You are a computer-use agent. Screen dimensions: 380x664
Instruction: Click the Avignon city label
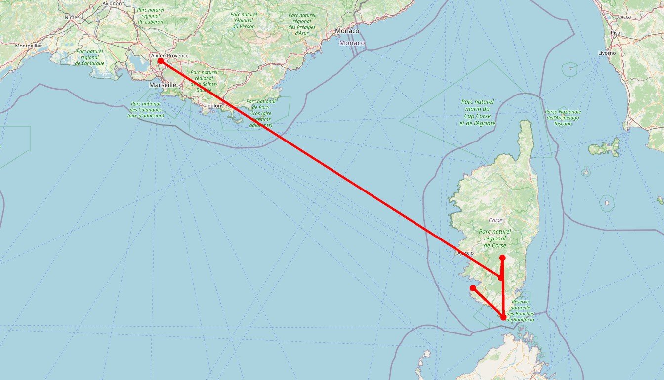[112, 3]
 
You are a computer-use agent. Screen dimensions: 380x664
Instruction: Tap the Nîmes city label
[72, 17]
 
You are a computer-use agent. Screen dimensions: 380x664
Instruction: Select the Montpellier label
[28, 46]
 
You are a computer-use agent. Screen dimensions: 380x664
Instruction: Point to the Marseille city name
[163, 85]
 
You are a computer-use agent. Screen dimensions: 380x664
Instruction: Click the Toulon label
[213, 105]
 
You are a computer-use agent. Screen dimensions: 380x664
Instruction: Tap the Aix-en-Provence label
[169, 55]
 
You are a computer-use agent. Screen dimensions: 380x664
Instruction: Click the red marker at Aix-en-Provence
[160, 61]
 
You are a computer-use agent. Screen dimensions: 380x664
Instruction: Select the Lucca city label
[624, 17]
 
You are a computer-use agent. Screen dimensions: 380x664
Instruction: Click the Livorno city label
[607, 53]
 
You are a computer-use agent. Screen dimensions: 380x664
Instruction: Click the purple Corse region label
[495, 220]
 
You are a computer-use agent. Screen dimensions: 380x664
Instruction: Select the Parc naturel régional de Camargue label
[89, 57]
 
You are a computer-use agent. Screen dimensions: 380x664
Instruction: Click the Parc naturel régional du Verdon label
[244, 20]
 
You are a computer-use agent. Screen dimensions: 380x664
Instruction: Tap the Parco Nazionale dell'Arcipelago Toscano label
[563, 117]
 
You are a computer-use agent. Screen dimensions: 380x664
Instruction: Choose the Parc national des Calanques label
[145, 110]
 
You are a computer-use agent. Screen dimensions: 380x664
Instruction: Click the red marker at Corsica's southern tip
[503, 317]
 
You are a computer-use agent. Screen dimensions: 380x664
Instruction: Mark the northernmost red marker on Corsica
[502, 258]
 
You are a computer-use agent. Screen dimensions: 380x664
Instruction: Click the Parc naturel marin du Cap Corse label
[477, 112]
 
